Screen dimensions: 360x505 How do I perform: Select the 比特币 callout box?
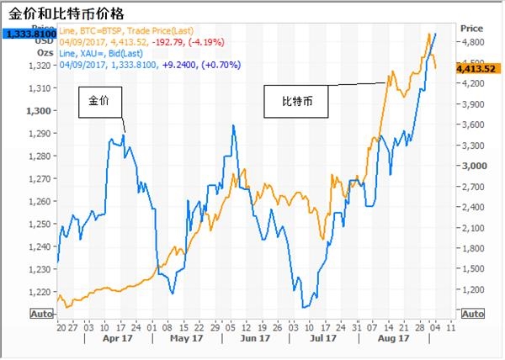[295, 103]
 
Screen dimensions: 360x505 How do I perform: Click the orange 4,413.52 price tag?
[476, 69]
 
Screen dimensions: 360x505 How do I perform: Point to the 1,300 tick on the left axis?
[40, 111]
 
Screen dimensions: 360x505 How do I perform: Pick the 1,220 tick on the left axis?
[40, 291]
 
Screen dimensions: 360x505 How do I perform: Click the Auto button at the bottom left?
[40, 314]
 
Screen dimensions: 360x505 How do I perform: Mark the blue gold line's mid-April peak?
[124, 135]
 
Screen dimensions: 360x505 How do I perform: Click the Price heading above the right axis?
[471, 27]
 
